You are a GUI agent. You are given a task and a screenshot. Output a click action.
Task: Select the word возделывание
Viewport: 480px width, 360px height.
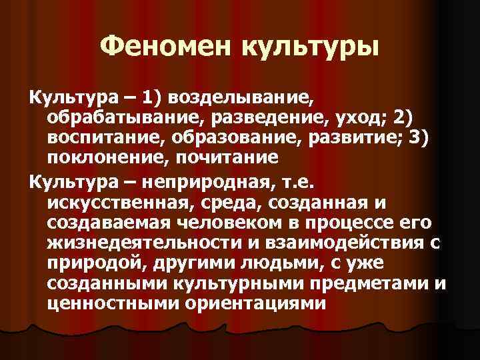239,99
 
